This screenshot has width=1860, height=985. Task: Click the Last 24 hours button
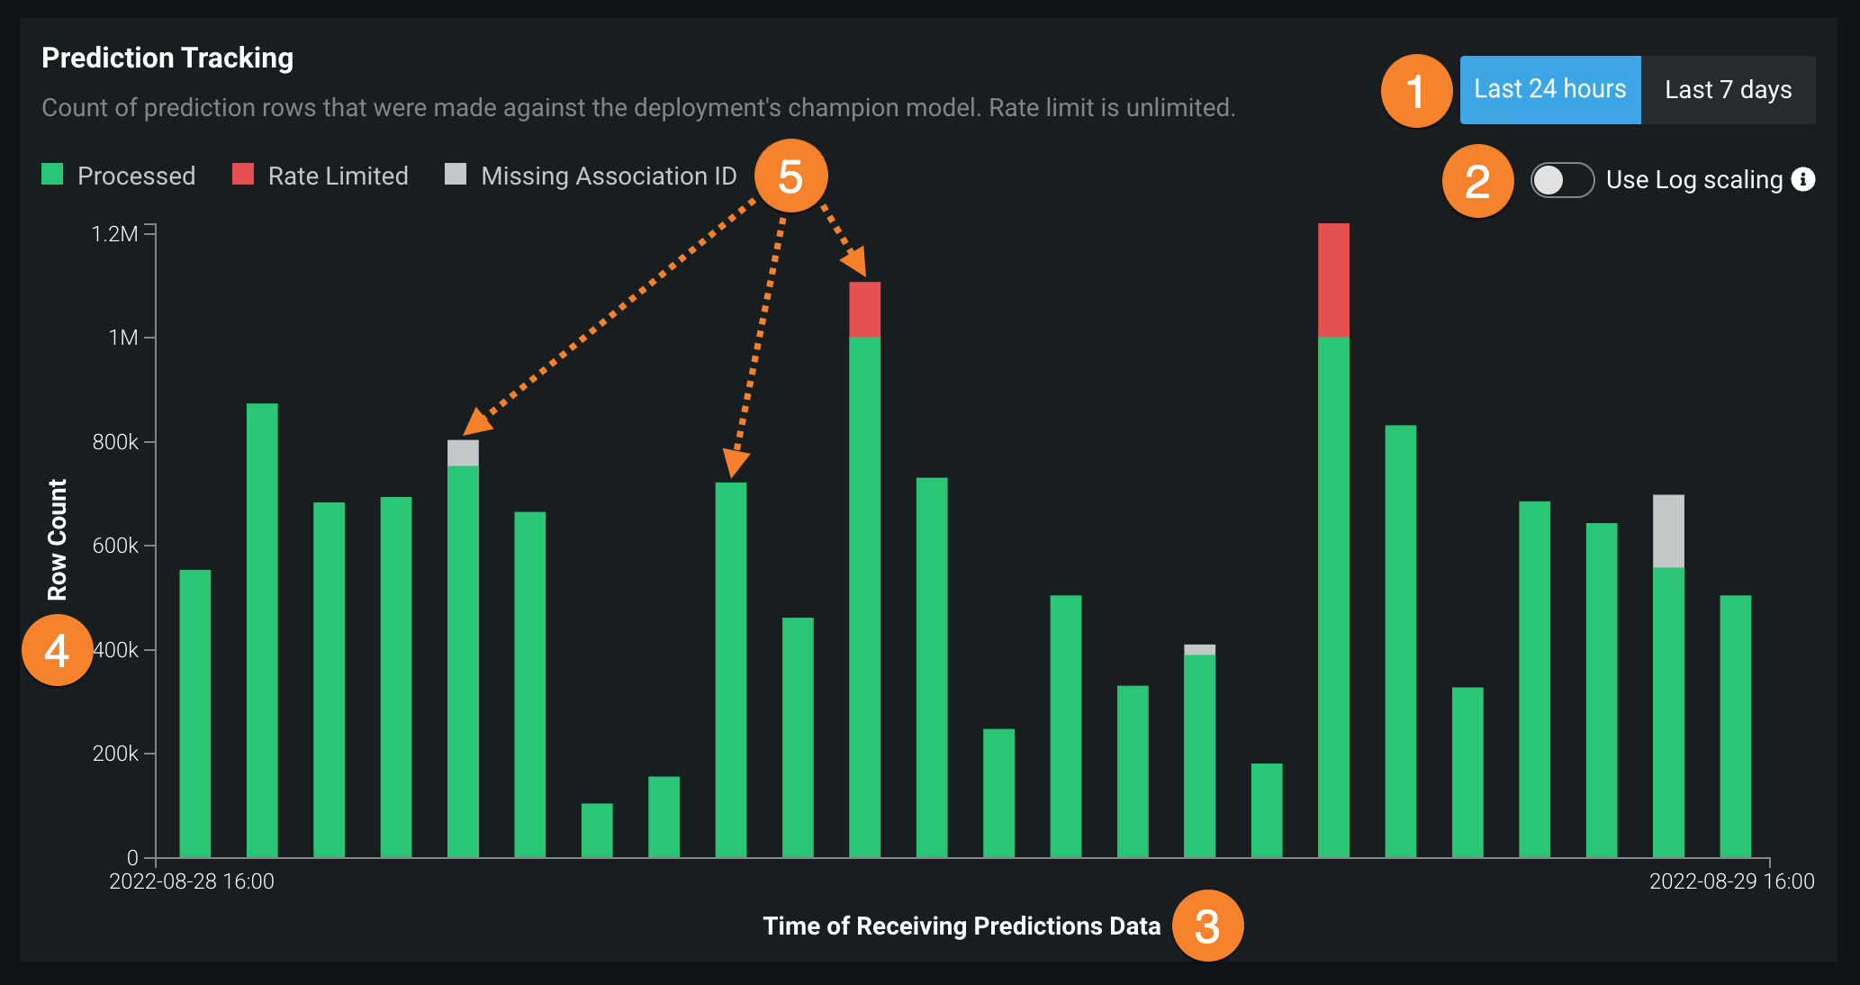pyautogui.click(x=1549, y=89)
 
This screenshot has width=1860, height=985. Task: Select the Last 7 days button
pyautogui.click(x=1728, y=90)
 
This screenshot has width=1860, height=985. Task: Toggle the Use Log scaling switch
pyautogui.click(x=1562, y=180)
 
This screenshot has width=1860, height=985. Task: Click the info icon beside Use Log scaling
pyautogui.click(x=1803, y=179)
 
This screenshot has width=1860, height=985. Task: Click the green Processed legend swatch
pyautogui.click(x=52, y=175)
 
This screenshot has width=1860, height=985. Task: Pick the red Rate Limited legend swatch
pyautogui.click(x=243, y=175)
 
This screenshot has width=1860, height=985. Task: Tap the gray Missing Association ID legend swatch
pyautogui.click(x=456, y=175)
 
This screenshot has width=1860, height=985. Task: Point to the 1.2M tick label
pyautogui.click(x=115, y=234)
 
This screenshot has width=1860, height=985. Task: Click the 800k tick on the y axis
pyautogui.click(x=115, y=442)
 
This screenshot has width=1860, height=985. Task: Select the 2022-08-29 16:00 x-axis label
pyautogui.click(x=1731, y=881)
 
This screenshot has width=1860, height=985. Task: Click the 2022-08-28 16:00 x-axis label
pyautogui.click(x=192, y=881)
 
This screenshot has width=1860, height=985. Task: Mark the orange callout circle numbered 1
pyautogui.click(x=1416, y=91)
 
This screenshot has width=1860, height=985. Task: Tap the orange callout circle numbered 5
pyautogui.click(x=790, y=176)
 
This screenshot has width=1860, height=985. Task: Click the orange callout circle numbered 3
pyautogui.click(x=1207, y=926)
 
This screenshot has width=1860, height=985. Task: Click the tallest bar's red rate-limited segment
pyautogui.click(x=1333, y=280)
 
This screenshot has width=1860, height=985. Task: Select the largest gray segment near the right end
pyautogui.click(x=1668, y=531)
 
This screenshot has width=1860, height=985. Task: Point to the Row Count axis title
pyautogui.click(x=58, y=539)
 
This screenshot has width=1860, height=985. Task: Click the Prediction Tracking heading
pyautogui.click(x=167, y=58)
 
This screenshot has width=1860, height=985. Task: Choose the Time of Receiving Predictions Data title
pyautogui.click(x=962, y=926)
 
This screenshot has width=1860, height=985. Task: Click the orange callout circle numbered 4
pyautogui.click(x=58, y=650)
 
